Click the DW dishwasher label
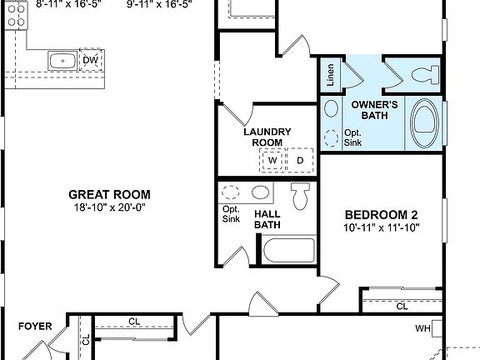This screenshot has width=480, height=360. point(90,60)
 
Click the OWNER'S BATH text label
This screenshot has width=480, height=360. point(372,111)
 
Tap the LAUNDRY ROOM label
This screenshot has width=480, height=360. point(267,137)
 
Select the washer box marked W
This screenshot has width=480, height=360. point(272,160)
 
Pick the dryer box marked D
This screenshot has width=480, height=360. point(300,160)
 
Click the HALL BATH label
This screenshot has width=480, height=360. point(267,218)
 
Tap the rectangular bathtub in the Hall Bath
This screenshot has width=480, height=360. point(288,250)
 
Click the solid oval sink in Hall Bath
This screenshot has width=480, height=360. point(261,192)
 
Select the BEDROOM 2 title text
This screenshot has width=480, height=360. point(381,213)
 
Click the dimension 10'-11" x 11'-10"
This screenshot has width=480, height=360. point(381,227)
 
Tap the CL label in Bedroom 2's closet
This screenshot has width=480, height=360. point(402,307)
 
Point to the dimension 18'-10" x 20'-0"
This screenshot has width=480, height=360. point(110,207)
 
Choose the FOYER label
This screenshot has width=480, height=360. point(36,327)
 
